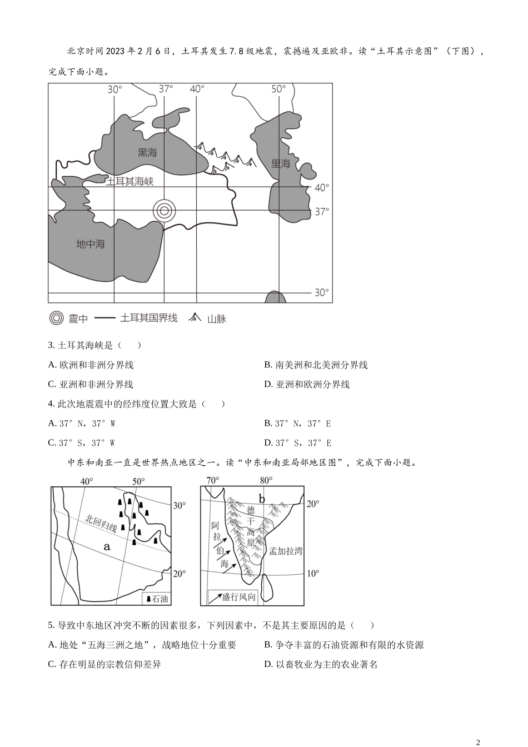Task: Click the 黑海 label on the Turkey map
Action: coord(147,152)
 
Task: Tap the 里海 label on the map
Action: coord(281,163)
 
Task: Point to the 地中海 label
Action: coord(91,243)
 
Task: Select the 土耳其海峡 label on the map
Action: coord(129,181)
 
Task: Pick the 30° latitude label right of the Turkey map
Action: coord(322,292)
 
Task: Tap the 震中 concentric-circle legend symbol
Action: coord(56,318)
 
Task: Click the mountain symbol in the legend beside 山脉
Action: coord(195,318)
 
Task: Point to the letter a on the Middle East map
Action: coord(107,546)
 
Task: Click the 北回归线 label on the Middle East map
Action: coord(101,524)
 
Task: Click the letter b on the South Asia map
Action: coord(262,498)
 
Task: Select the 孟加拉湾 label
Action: coord(286,551)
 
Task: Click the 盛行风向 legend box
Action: coord(232,597)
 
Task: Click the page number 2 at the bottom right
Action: coord(478,742)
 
